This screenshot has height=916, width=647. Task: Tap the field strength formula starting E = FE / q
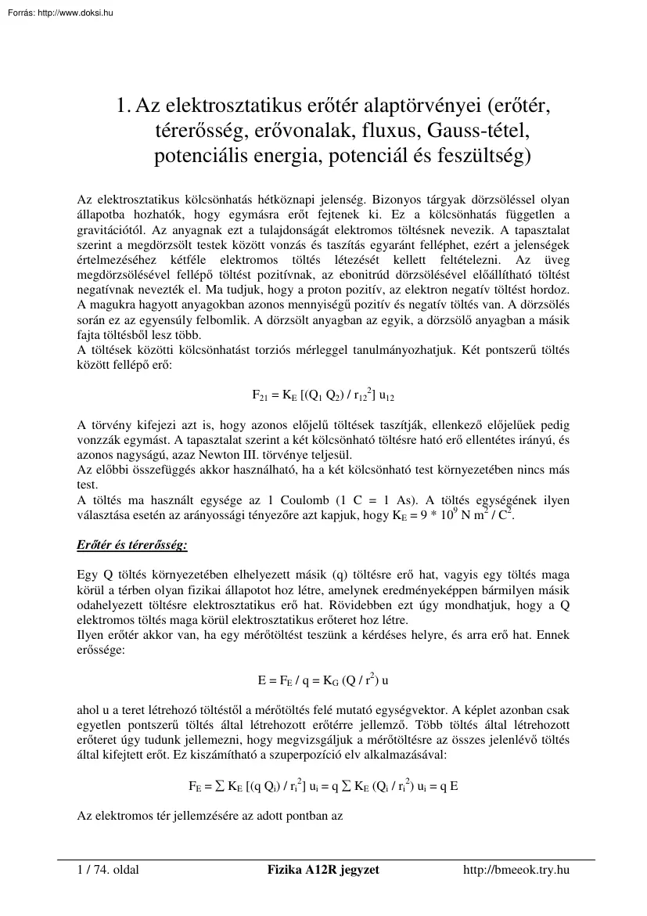(x=323, y=680)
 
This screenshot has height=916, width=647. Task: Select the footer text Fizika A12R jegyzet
(x=323, y=871)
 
